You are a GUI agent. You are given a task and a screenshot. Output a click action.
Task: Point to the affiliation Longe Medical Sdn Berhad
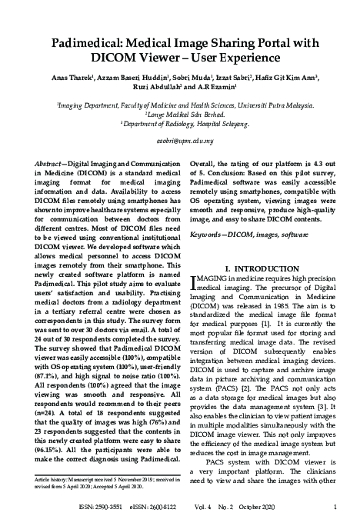pyautogui.click(x=179, y=112)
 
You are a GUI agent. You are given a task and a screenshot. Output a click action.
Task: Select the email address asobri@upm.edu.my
pyautogui.click(x=179, y=142)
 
